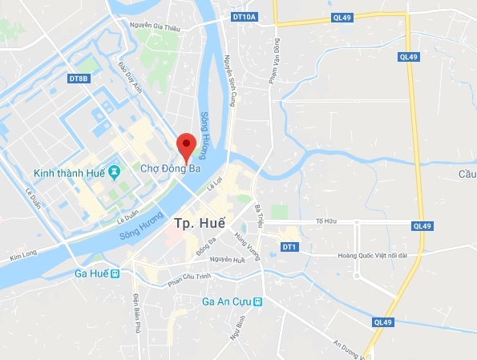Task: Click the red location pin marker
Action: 186,145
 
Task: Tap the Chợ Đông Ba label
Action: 171,169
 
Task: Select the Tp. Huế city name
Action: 199,222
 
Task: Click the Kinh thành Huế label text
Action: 70,172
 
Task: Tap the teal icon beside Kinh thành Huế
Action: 115,172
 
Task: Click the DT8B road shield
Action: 79,79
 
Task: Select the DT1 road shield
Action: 290,247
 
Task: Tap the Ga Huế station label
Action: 91,273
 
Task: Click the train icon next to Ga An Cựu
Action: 258,302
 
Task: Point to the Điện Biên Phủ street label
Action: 137,302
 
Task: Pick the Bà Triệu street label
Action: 259,218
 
